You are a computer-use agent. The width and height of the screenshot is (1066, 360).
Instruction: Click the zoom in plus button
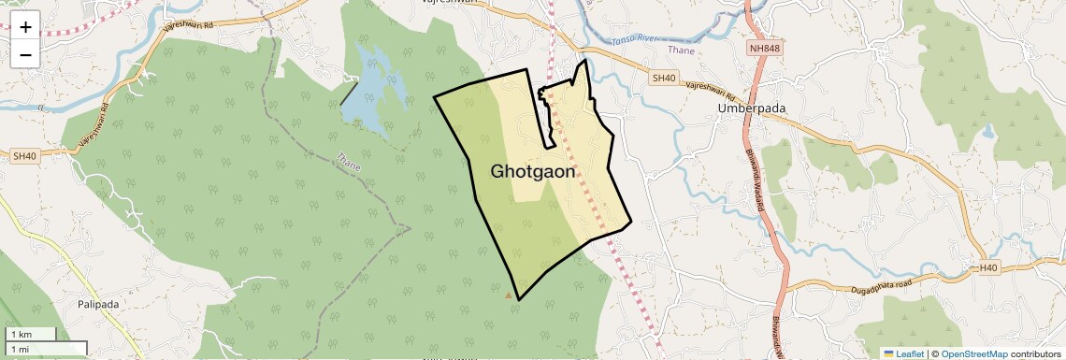pyautogui.click(x=25, y=27)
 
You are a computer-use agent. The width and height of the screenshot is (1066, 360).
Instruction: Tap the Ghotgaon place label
pyautogui.click(x=533, y=172)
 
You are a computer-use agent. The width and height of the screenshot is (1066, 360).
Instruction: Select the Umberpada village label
pyautogui.click(x=752, y=108)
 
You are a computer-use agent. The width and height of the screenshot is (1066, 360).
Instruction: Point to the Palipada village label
pyautogui.click(x=98, y=304)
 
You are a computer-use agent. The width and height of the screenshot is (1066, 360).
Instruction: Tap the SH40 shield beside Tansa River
pyautogui.click(x=664, y=79)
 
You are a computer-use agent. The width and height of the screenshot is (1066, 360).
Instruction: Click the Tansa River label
pyautogui.click(x=635, y=41)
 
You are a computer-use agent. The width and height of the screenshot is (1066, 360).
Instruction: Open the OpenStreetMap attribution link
pyautogui.click(x=973, y=353)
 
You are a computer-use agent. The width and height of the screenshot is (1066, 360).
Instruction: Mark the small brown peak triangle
pyautogui.click(x=509, y=295)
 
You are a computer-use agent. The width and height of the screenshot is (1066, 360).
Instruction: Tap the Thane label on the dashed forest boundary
pyautogui.click(x=348, y=161)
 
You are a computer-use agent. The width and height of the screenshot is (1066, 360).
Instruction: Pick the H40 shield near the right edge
pyautogui.click(x=987, y=268)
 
